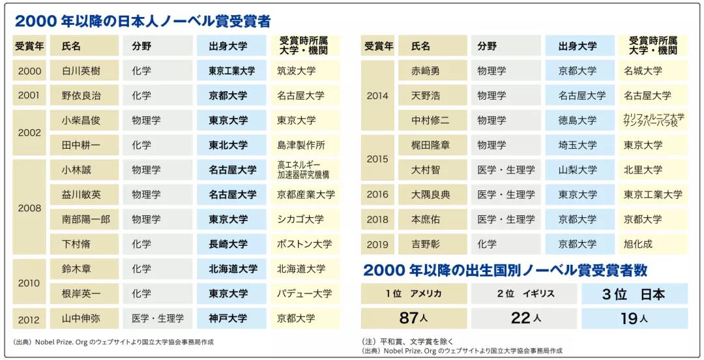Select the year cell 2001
[x=29, y=96]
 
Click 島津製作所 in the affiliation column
[x=301, y=145]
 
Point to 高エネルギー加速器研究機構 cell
[x=303, y=170]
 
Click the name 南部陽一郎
[x=85, y=220]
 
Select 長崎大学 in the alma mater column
[x=228, y=245]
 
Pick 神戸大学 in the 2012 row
[x=228, y=319]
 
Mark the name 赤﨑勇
[x=426, y=71]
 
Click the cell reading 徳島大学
[x=578, y=121]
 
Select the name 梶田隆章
[x=431, y=145]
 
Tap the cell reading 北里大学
[x=643, y=170]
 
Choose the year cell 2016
[x=377, y=195]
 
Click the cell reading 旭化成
[x=638, y=245]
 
